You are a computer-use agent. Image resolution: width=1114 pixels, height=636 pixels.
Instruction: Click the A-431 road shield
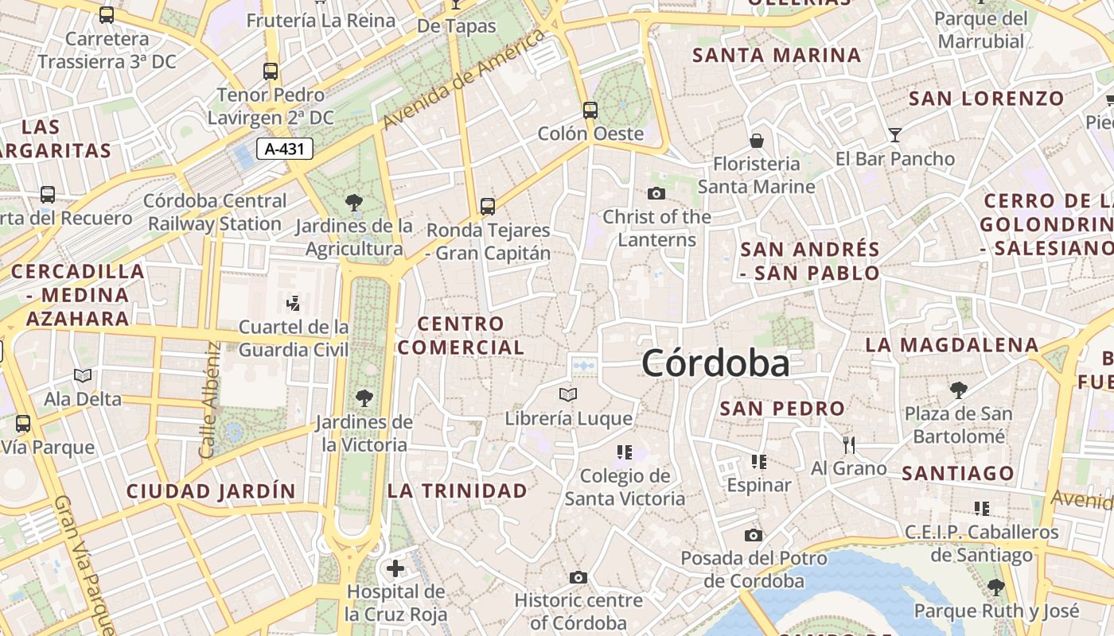click(x=285, y=149)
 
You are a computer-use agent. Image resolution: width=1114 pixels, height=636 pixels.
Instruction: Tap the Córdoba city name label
click(x=715, y=364)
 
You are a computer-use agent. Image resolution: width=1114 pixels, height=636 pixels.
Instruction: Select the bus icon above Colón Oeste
click(x=590, y=110)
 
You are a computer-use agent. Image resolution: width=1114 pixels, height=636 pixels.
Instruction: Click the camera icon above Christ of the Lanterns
click(x=656, y=193)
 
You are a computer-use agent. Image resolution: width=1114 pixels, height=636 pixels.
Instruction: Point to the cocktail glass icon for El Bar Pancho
click(x=895, y=135)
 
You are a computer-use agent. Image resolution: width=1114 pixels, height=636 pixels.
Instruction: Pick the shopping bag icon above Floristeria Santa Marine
click(x=756, y=141)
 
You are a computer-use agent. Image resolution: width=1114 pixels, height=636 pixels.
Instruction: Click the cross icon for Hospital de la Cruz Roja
click(x=395, y=568)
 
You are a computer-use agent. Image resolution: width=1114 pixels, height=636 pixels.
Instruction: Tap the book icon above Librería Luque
click(x=568, y=394)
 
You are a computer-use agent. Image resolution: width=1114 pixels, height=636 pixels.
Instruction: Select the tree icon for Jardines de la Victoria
click(x=364, y=397)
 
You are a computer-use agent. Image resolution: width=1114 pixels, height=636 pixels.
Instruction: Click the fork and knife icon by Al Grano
click(x=849, y=444)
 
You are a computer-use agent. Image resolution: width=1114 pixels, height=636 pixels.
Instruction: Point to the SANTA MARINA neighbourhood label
click(x=777, y=56)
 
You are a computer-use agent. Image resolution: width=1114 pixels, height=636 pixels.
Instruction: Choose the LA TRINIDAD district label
click(x=458, y=491)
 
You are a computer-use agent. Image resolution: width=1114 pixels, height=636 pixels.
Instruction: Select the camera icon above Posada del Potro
click(x=753, y=535)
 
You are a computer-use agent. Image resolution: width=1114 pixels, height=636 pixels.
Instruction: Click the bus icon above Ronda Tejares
click(x=488, y=207)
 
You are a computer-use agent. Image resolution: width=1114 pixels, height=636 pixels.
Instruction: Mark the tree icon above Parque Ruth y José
click(x=995, y=588)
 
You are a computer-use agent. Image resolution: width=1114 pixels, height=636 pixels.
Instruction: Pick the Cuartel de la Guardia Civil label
click(x=294, y=338)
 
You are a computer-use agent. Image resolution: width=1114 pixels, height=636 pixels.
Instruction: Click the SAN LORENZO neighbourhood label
click(x=987, y=99)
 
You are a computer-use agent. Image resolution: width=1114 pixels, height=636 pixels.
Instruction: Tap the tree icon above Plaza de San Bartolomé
click(x=959, y=390)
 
